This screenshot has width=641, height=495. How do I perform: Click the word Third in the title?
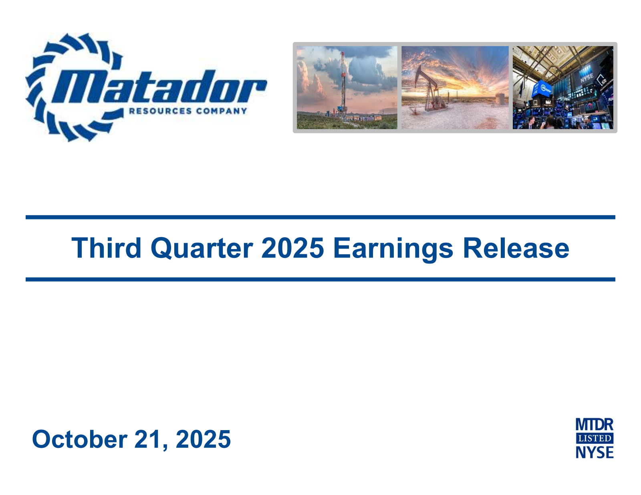coord(106,248)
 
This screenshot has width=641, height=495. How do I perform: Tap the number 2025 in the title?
coord(292,248)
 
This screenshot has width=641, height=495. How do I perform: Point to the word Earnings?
coord(393,249)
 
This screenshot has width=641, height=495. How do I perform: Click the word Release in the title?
coord(516,248)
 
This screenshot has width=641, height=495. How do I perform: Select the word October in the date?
coord(79,439)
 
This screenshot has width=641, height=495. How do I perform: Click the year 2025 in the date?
coord(203,439)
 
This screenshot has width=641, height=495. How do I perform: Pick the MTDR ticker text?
coord(595,425)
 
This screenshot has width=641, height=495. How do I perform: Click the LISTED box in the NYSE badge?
coord(595,438)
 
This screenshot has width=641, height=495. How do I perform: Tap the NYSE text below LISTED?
coord(595,452)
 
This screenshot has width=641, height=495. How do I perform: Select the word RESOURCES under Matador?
coord(160,111)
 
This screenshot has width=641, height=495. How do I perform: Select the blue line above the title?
coord(320,217)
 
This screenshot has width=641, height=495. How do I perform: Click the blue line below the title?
coord(320,279)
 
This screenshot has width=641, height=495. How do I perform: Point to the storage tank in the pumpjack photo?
coord(500,99)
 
